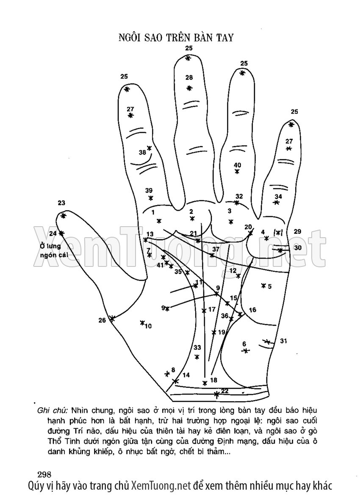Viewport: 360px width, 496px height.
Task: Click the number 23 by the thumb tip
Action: point(61,203)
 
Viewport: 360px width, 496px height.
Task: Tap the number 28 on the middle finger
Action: point(189,78)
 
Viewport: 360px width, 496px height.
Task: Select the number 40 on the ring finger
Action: point(237,165)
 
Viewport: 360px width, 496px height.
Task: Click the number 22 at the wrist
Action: point(225,391)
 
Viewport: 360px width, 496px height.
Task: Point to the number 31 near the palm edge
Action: point(283,341)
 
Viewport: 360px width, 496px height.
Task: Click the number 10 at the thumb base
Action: point(148,326)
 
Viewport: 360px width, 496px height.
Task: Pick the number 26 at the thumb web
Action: point(102,320)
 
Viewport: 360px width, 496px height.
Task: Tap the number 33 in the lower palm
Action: point(197,347)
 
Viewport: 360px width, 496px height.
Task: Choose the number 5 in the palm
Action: point(270,286)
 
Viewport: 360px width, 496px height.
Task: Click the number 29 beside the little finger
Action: point(297,231)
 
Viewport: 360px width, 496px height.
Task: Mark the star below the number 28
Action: point(189,88)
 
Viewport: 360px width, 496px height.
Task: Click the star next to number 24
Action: point(62,233)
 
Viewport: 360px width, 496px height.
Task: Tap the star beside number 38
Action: point(149,149)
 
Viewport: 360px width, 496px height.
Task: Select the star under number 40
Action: point(237,172)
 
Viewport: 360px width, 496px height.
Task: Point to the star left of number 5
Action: point(263,285)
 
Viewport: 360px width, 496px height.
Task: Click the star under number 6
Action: point(245,351)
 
